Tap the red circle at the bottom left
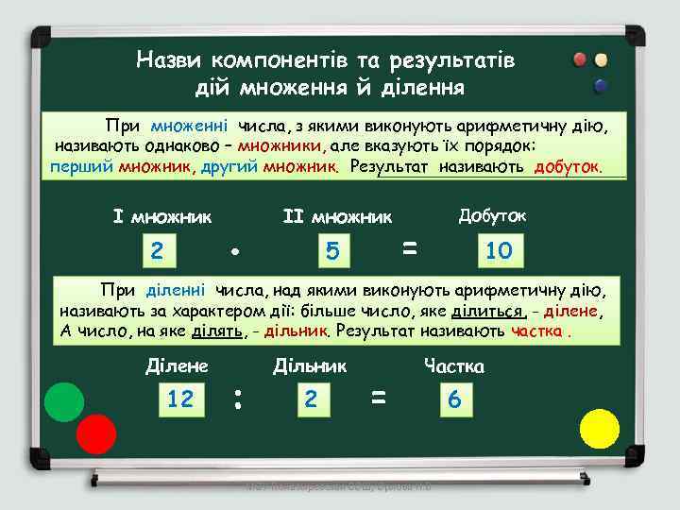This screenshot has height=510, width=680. [x=95, y=434]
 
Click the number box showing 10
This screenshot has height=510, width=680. [x=498, y=250]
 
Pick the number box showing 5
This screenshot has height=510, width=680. [x=331, y=251]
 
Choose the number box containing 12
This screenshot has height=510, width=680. [x=179, y=399]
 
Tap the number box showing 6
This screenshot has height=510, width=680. [x=454, y=400]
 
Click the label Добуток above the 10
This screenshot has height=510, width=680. [x=492, y=215]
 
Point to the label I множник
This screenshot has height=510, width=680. [x=161, y=217]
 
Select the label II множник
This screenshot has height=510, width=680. [x=337, y=217]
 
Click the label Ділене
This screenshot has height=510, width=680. [x=178, y=365]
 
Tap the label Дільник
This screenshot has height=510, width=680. [x=310, y=365]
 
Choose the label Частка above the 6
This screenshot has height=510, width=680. [x=454, y=366]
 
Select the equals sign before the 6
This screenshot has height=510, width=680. [x=379, y=399]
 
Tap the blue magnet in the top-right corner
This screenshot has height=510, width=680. [x=600, y=85]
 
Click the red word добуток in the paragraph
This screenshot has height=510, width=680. [x=566, y=167]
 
